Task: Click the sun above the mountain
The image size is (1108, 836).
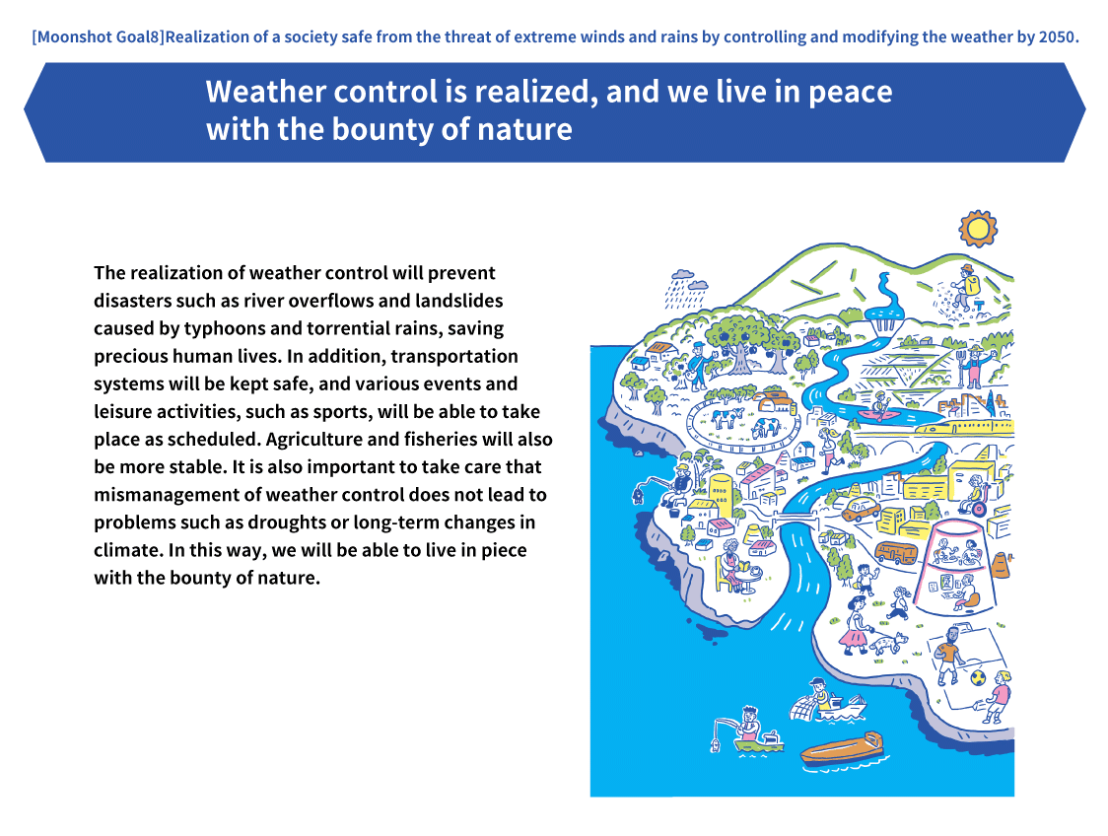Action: pyautogui.click(x=977, y=229)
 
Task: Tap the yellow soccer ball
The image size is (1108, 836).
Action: pyautogui.click(x=978, y=677)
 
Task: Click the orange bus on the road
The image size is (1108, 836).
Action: pyautogui.click(x=895, y=552)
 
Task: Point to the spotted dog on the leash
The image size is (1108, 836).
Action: pyautogui.click(x=888, y=643)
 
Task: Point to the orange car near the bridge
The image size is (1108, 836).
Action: pyautogui.click(x=861, y=509)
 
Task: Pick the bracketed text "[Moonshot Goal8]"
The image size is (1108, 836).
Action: pyautogui.click(x=98, y=36)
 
